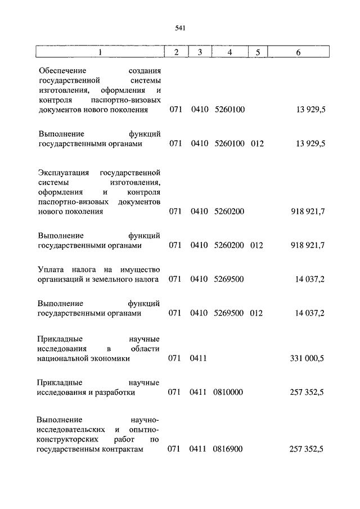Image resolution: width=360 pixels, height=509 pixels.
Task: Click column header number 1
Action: tap(100, 52)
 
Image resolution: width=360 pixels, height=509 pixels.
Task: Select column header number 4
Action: tap(229, 52)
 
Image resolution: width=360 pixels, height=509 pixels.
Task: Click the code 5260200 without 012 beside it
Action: tap(229, 212)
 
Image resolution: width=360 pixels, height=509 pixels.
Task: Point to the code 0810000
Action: tap(228, 393)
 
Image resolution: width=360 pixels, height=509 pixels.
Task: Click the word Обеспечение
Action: tap(62, 71)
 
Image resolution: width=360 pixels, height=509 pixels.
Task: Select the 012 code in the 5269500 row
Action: tap(256, 313)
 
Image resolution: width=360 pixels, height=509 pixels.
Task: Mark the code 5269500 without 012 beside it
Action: tap(229, 280)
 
